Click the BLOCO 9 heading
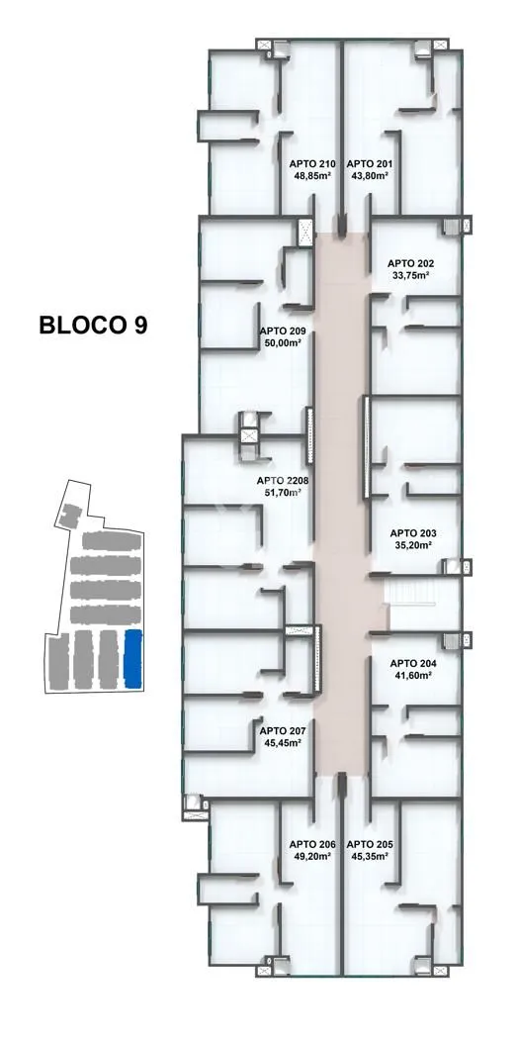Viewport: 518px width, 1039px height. [x=93, y=326]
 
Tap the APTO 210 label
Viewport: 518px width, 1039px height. [x=313, y=163]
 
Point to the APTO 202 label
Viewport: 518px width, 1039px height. [x=411, y=262]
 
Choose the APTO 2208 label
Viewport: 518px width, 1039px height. [x=283, y=480]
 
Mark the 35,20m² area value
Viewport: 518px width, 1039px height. [x=413, y=545]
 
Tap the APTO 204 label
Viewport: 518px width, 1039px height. [x=413, y=663]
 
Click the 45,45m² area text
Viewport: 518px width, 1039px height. [x=283, y=743]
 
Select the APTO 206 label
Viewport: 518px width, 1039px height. [x=313, y=844]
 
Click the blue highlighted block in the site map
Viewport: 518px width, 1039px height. [x=133, y=658]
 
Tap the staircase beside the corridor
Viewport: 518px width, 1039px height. [x=410, y=591]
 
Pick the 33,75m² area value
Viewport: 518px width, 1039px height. [x=411, y=274]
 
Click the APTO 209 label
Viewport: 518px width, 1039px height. [x=283, y=331]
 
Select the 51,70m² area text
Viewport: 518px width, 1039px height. [x=283, y=493]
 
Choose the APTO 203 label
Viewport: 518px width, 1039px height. [x=413, y=533]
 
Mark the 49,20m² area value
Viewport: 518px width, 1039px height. [x=313, y=856]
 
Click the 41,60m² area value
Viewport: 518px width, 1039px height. [x=413, y=675]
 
